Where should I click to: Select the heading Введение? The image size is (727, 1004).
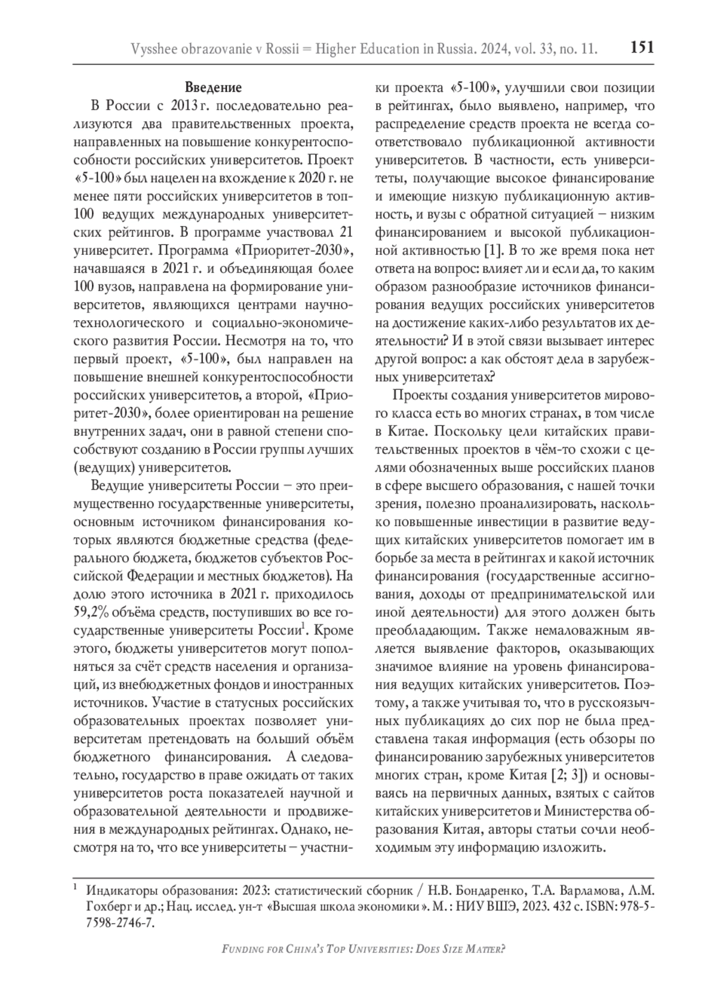coord(213,87)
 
